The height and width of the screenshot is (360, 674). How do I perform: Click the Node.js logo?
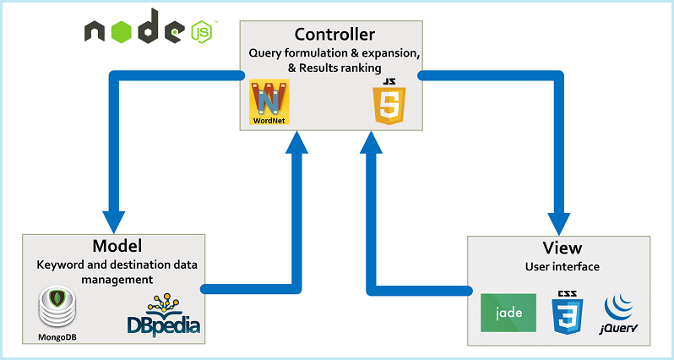(x=151, y=28)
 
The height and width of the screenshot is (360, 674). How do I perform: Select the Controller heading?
(x=334, y=34)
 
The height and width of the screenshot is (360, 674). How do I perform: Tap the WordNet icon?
(x=269, y=102)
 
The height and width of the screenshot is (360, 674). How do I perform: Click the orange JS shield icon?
(x=390, y=102)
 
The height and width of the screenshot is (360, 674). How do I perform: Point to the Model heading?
(x=117, y=246)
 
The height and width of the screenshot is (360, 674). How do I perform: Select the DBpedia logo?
(x=164, y=314)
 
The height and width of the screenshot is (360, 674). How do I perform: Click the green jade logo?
(x=508, y=313)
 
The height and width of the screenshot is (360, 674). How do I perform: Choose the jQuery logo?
(x=619, y=315)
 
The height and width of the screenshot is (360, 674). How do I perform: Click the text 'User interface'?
(x=563, y=267)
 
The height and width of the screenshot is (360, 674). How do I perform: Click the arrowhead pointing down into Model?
(x=113, y=222)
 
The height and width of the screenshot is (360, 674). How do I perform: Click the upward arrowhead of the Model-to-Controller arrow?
(x=297, y=142)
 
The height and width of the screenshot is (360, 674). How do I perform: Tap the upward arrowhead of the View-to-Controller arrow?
(x=372, y=142)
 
